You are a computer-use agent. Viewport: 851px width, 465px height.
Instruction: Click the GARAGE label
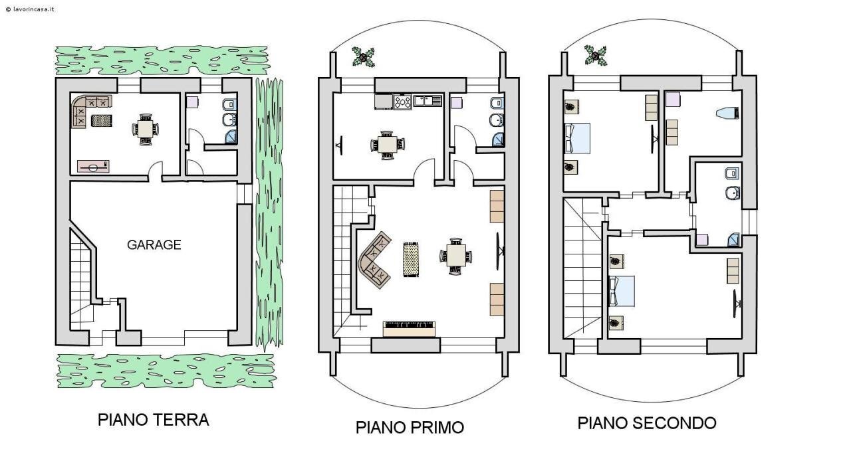pyautogui.click(x=154, y=244)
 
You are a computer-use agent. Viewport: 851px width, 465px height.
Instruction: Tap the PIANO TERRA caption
pyautogui.click(x=153, y=420)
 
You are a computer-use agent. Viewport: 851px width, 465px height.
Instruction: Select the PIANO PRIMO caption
pyautogui.click(x=410, y=427)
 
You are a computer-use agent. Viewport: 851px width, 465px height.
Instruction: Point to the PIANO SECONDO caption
pyautogui.click(x=646, y=423)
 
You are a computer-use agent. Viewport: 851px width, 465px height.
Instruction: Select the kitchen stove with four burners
pyautogui.click(x=402, y=102)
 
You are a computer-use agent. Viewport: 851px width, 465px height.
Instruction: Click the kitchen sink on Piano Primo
pyautogui.click(x=427, y=101)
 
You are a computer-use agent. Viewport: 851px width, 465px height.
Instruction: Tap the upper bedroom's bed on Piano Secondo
pyautogui.click(x=576, y=139)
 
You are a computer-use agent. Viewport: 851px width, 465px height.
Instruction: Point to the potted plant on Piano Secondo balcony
pyautogui.click(x=595, y=54)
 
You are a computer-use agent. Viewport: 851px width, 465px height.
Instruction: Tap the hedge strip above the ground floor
pyautogui.click(x=161, y=60)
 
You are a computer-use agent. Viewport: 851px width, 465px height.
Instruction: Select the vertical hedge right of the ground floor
pyautogui.click(x=269, y=213)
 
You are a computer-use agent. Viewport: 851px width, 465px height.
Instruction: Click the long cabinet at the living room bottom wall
pyautogui.click(x=410, y=329)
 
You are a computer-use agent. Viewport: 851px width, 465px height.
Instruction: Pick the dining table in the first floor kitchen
pyautogui.click(x=386, y=144)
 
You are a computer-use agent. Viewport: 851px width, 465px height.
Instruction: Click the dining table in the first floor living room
pyautogui.click(x=456, y=255)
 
